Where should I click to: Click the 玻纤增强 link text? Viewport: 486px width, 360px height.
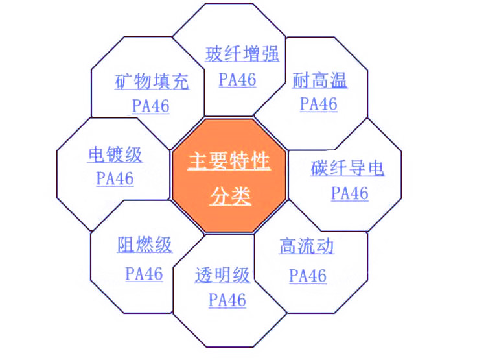click(x=242, y=54)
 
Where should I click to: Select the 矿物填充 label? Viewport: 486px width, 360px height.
click(x=152, y=81)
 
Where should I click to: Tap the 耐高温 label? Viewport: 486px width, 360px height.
click(x=319, y=80)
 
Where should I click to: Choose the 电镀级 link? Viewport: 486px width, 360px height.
click(x=115, y=154)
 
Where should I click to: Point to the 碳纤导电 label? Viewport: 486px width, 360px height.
click(x=347, y=168)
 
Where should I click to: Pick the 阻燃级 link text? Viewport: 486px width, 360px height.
click(x=145, y=245)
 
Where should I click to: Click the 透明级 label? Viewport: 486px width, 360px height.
click(x=222, y=274)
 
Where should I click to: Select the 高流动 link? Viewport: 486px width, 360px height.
click(x=307, y=246)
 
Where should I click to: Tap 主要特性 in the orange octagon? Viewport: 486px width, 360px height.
click(x=229, y=161)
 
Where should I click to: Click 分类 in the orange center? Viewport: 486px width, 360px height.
click(x=230, y=196)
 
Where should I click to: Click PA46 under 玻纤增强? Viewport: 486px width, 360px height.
click(x=237, y=79)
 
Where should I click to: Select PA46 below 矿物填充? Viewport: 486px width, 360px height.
click(x=151, y=106)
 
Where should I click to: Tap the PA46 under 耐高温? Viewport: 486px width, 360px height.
click(x=319, y=104)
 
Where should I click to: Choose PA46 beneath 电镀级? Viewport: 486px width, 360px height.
click(x=115, y=178)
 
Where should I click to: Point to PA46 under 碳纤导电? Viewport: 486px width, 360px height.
click(x=350, y=193)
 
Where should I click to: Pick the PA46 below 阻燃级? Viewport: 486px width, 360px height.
click(x=144, y=274)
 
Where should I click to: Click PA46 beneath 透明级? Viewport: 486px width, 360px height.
click(x=227, y=300)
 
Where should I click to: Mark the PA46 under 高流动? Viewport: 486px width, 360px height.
click(x=308, y=276)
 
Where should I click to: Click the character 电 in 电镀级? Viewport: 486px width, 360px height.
click(x=97, y=154)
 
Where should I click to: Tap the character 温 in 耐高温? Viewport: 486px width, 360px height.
click(x=338, y=80)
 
